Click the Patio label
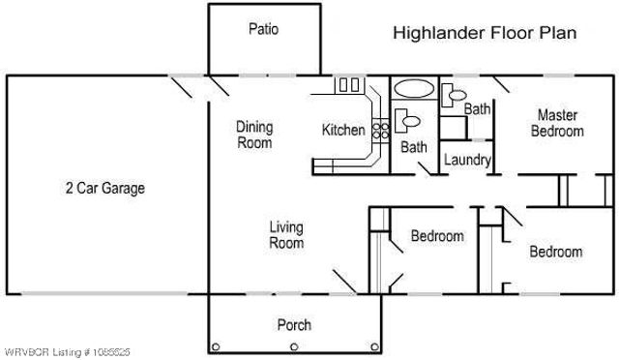[263, 29]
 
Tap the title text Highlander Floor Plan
[485, 33]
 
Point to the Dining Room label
[255, 135]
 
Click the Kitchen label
[343, 130]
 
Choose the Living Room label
[286, 235]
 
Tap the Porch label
[294, 325]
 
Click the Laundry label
[468, 160]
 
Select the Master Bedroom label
[557, 123]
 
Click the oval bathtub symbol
[415, 88]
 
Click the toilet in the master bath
[449, 95]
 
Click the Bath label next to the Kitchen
[414, 147]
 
